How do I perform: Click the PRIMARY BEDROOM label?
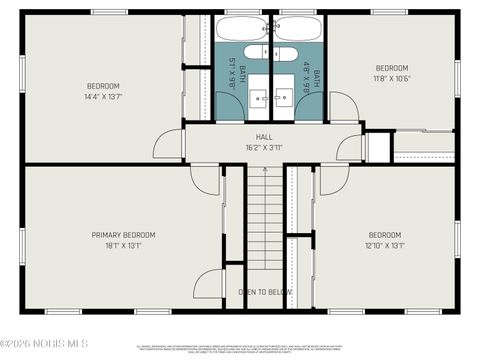(123, 235)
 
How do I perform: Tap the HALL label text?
(264, 136)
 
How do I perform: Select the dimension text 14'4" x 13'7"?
(103, 97)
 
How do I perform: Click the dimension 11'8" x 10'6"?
(392, 79)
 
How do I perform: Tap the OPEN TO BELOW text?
(265, 293)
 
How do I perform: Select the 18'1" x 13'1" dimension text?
(123, 246)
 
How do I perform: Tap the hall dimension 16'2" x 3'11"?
(264, 147)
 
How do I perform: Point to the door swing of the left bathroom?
(225, 104)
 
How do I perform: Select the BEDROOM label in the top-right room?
(392, 68)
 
